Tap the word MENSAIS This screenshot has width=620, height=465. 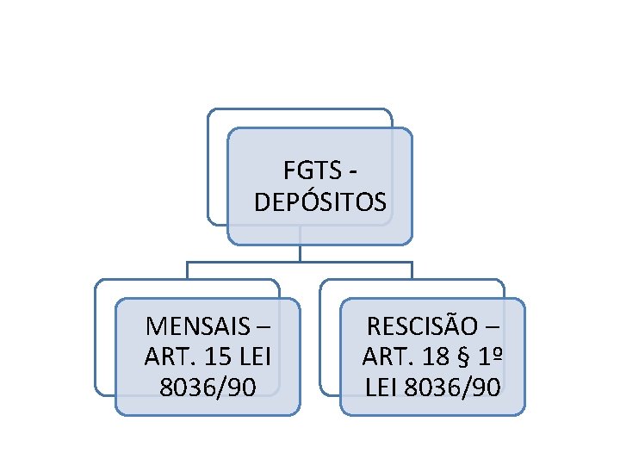click(197, 327)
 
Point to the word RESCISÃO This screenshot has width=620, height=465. click(422, 327)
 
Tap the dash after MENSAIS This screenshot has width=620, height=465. click(263, 328)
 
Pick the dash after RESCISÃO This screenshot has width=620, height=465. click(491, 328)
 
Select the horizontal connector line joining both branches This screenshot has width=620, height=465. click(300, 262)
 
